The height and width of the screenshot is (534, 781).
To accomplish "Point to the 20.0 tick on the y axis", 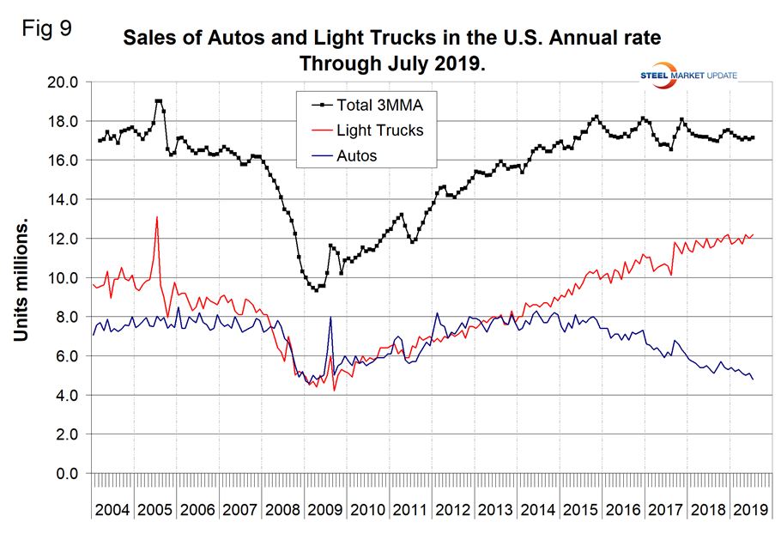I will (x=61, y=82).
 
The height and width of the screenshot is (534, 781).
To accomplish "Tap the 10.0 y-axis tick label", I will (x=61, y=278).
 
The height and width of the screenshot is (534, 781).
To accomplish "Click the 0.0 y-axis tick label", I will (x=66, y=474).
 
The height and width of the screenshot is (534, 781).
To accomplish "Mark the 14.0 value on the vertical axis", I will (x=61, y=200).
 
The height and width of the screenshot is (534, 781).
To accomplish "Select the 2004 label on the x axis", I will (x=112, y=509).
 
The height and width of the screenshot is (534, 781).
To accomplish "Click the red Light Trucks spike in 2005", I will (x=157, y=217).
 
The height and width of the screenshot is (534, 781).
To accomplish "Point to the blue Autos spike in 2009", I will (x=330, y=318).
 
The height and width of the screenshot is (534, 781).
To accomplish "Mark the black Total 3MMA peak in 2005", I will (x=159, y=101).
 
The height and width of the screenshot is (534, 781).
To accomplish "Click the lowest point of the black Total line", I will (x=316, y=290).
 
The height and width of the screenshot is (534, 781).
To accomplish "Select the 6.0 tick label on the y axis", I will (x=66, y=356).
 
